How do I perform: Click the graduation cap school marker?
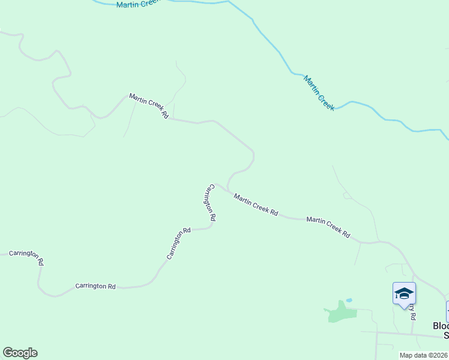coord(404,293)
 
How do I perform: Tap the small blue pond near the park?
coord(349,300)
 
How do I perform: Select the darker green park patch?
coord(340,313)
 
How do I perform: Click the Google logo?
coord(20,353)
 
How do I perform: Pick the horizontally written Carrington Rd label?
coord(95,287)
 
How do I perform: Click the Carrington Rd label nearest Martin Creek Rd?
coord(210,203)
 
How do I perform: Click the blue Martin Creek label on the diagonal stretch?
coord(319,93)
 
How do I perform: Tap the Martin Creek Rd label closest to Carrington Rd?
coord(256,205)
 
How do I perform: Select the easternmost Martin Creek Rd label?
coord(328,227)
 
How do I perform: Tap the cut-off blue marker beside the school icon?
coord(447,311)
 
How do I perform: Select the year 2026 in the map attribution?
coord(440,355)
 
